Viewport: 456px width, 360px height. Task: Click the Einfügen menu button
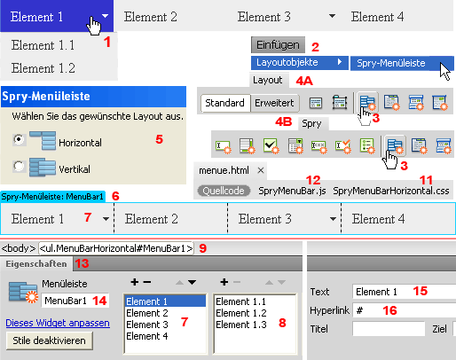[x=278, y=45]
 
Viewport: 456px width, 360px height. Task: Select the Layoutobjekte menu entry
[x=300, y=63]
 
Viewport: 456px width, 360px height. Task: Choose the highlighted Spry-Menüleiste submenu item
[x=402, y=63]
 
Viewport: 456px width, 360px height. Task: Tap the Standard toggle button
[x=225, y=103]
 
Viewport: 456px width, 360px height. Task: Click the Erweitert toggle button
[x=274, y=103]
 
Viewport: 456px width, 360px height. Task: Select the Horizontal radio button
[x=19, y=139]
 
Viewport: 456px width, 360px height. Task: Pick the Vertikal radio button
[x=19, y=167]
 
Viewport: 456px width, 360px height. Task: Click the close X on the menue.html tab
[x=261, y=170]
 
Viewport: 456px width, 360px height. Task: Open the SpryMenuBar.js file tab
[x=292, y=191]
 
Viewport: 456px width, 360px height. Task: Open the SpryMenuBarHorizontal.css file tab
[x=391, y=191]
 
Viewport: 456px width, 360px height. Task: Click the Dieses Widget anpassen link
[x=58, y=323]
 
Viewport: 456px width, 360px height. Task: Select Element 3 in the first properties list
[x=147, y=325]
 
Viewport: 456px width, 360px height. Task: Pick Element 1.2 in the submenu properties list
[x=241, y=313]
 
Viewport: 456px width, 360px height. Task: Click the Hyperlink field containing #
[x=405, y=310]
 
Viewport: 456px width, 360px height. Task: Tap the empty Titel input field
[x=389, y=329]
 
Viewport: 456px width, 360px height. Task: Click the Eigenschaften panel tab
[x=36, y=263]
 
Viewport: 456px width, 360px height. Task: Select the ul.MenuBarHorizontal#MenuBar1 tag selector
[x=116, y=248]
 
